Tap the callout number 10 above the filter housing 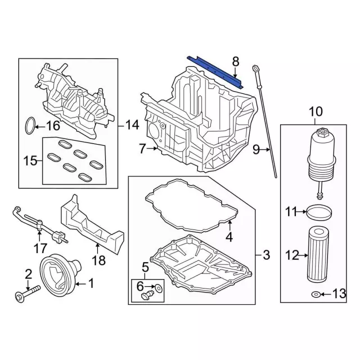315,111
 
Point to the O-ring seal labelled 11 319,212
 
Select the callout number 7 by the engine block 142,148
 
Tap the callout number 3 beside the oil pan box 266,255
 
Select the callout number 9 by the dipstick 256,149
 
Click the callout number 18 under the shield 99,260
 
